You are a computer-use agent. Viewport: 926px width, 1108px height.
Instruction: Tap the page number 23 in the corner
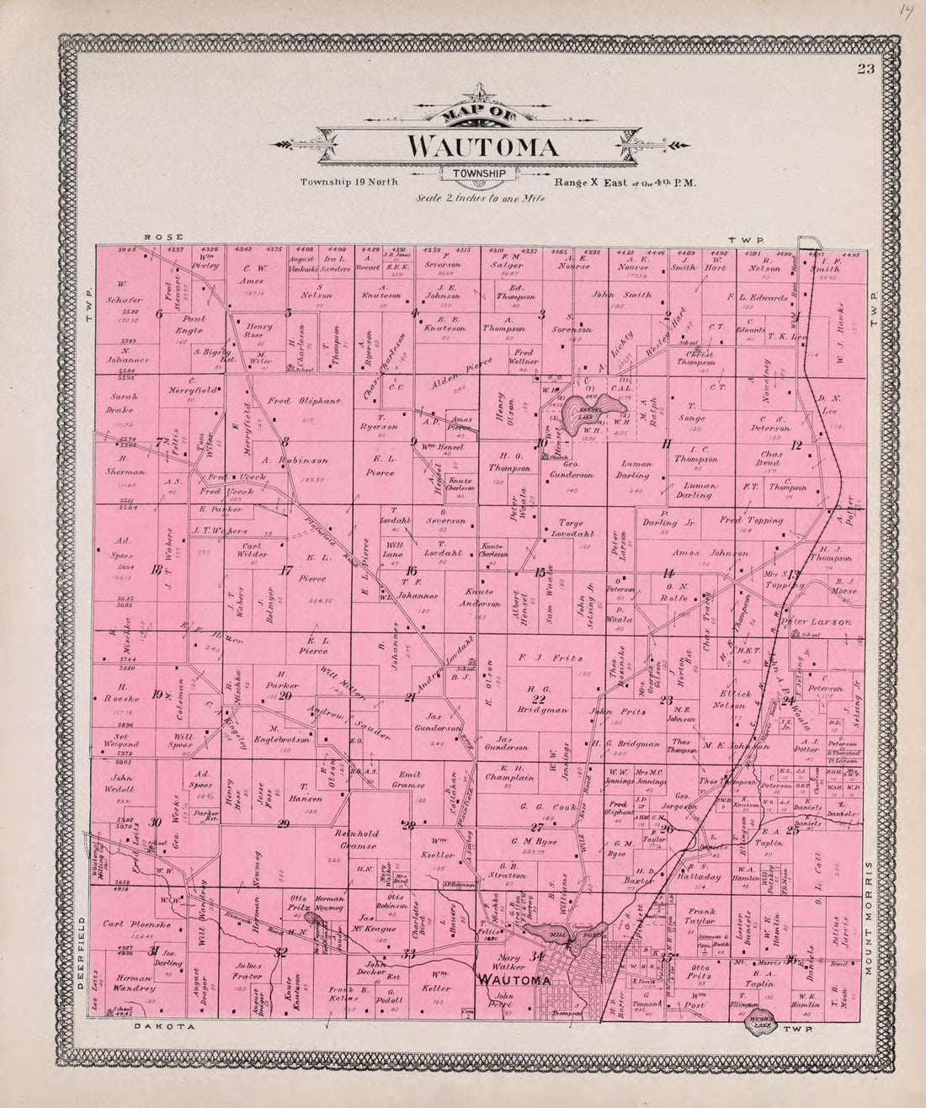[865, 70]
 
